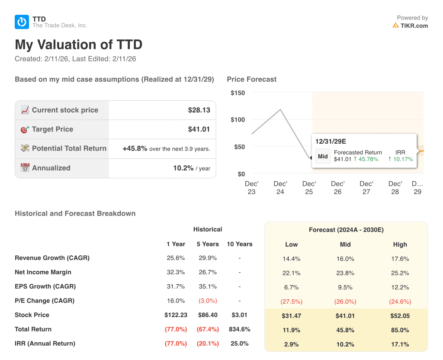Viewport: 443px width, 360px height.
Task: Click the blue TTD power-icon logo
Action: pyautogui.click(x=22, y=22)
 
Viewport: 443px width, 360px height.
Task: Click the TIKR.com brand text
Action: pyautogui.click(x=414, y=26)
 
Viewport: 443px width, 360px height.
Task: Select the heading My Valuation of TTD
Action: pyautogui.click(x=78, y=45)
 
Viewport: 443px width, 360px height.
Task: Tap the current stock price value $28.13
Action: pyautogui.click(x=199, y=110)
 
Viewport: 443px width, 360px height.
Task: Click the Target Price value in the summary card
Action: pyautogui.click(x=199, y=129)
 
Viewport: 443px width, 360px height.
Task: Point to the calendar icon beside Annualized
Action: pyautogui.click(x=25, y=168)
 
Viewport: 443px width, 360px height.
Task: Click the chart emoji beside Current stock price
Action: pyautogui.click(x=25, y=110)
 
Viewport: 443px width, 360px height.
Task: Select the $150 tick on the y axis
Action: pyautogui.click(x=238, y=93)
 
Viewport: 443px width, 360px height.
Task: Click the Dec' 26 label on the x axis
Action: pyautogui.click(x=338, y=187)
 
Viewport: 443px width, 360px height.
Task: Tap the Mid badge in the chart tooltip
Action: pyautogui.click(x=323, y=156)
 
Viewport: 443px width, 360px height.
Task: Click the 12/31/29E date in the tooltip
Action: pyautogui.click(x=331, y=141)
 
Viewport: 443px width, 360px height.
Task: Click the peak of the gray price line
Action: pyautogui.click(x=280, y=109)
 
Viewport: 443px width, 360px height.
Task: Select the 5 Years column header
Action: pyautogui.click(x=208, y=244)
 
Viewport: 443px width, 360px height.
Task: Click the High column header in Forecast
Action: pyautogui.click(x=400, y=244)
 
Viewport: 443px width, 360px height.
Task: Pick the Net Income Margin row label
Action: pyautogui.click(x=43, y=272)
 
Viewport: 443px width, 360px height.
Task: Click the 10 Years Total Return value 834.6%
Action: pyautogui.click(x=239, y=329)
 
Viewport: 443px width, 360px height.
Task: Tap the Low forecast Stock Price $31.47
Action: pyautogui.click(x=291, y=316)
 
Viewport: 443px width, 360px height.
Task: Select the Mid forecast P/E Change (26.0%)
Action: pyautogui.click(x=345, y=302)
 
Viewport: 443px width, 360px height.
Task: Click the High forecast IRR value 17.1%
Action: pyautogui.click(x=400, y=344)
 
